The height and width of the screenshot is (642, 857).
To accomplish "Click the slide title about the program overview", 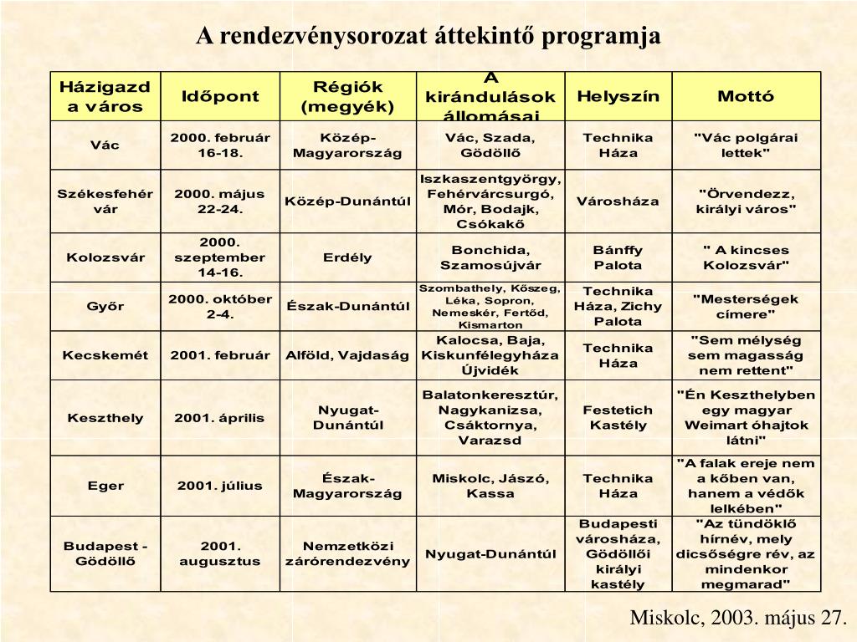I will point(428,36).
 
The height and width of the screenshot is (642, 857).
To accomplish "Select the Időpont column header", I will point(220,96).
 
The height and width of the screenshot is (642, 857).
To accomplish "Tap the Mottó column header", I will point(746,96).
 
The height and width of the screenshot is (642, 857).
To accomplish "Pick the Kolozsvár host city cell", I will point(105,257).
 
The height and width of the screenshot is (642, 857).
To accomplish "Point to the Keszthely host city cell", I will point(105,418).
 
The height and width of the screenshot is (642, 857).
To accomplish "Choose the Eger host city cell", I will point(105,486).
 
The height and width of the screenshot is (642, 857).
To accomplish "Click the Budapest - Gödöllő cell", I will point(105,553).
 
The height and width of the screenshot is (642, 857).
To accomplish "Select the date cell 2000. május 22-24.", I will point(220,201).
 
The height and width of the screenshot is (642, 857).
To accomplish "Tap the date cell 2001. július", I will point(220,486).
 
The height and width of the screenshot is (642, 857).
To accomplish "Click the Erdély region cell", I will point(347,257).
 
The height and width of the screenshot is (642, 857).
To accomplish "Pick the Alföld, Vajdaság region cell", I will point(347,355).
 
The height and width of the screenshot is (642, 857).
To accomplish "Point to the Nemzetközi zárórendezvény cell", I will point(347,553).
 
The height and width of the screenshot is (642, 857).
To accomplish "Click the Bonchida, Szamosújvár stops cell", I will point(490,257).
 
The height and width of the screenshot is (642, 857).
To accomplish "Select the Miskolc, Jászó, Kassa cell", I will point(490,486).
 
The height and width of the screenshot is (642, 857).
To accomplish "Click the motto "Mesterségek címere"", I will point(746,306).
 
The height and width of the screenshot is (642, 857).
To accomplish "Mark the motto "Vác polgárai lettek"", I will point(746,145).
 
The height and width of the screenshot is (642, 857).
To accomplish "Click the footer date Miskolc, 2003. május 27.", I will point(738,618).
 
